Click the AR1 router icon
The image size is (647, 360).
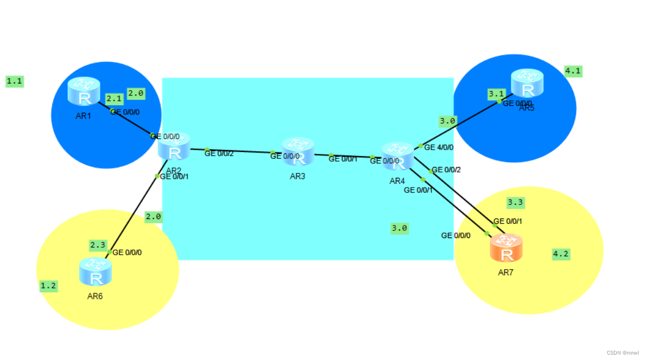pos(84,91)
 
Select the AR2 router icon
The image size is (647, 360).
pos(174,146)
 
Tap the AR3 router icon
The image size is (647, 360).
pos(298,151)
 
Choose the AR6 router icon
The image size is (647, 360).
pos(95,272)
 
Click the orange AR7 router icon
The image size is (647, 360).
pos(506,248)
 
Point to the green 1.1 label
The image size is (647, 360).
pos(15,81)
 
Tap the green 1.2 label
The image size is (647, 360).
pos(48,286)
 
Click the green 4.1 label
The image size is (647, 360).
pos(573,71)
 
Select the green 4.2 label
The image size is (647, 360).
pos(561,254)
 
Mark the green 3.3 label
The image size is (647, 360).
pos(515,203)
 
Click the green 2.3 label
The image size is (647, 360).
pos(98,245)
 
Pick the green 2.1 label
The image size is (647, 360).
pos(114,99)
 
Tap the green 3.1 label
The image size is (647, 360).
pos(496,94)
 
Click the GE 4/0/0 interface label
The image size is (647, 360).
pos(439,147)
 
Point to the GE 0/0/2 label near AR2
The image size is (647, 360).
pos(219,153)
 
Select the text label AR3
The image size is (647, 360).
pos(298,176)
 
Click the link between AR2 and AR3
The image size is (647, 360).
pos(239,151)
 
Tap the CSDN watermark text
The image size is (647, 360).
pos(623,352)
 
